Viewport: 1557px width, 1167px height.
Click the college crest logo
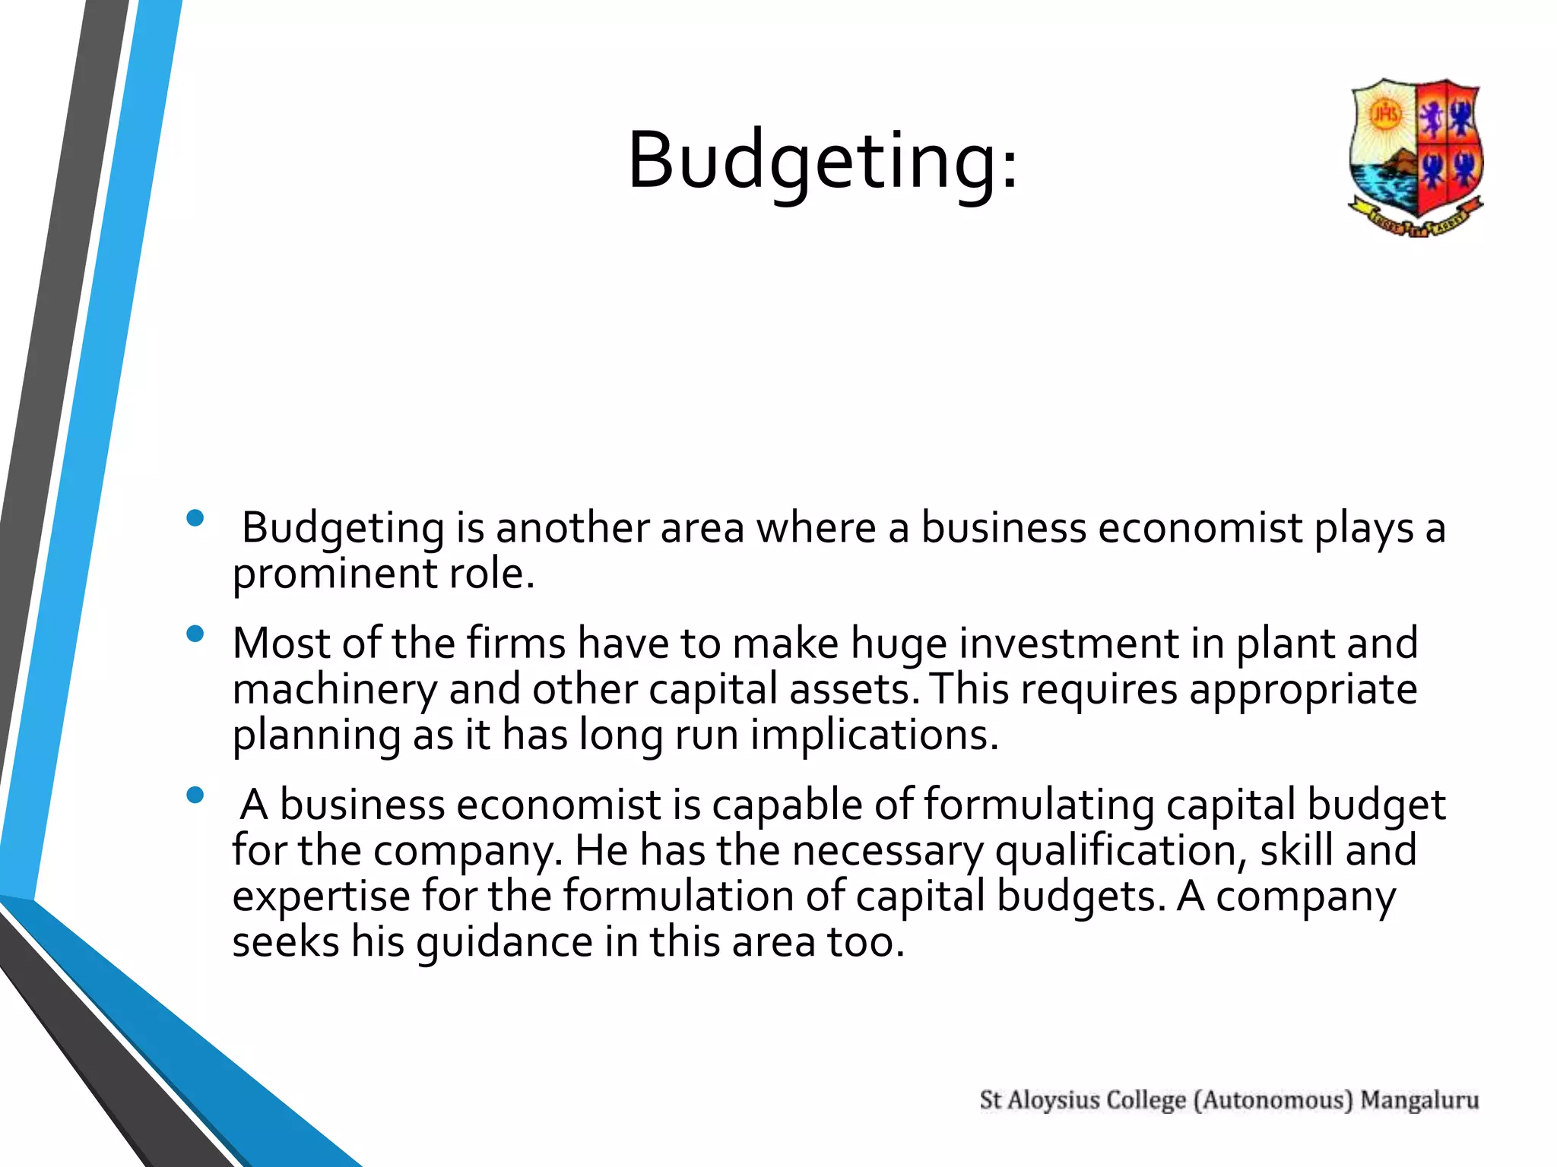(1415, 158)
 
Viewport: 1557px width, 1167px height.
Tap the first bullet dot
(195, 518)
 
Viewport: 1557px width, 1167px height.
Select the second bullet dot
(195, 634)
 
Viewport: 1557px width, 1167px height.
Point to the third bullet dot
(195, 795)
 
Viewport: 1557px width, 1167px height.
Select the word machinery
(335, 690)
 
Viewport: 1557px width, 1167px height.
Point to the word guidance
(504, 943)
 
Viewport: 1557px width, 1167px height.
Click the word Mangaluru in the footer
(1419, 1100)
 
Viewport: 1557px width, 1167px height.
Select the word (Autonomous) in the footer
(1273, 1100)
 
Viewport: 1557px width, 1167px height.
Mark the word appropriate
(1303, 690)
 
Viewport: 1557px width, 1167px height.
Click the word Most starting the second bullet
(281, 644)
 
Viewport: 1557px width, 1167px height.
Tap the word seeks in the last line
(285, 943)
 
